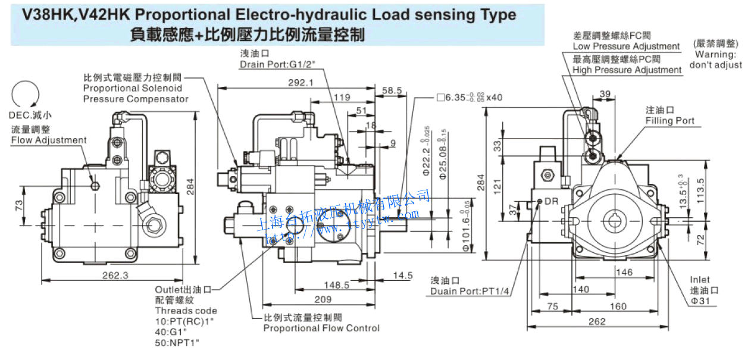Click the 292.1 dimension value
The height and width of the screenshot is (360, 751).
[301, 83]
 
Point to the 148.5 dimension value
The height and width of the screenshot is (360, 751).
[337, 285]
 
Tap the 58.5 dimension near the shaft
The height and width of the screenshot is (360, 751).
[392, 90]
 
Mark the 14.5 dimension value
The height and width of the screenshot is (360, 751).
[403, 275]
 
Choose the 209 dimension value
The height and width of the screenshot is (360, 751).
[323, 299]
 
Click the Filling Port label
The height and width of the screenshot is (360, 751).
[670, 121]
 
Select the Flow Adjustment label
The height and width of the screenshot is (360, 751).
[49, 140]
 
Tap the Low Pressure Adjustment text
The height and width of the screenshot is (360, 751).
[626, 46]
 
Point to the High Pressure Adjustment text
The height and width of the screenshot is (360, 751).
[627, 70]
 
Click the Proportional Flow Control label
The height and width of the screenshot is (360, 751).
[321, 328]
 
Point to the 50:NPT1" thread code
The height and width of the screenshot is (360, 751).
[177, 342]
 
